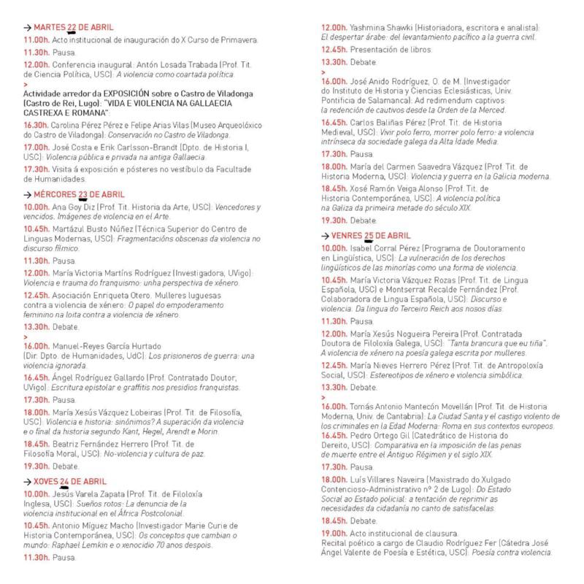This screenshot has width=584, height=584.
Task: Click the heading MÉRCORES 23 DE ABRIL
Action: pos(73,195)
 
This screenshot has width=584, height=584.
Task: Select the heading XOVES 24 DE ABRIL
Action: pos(69,482)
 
